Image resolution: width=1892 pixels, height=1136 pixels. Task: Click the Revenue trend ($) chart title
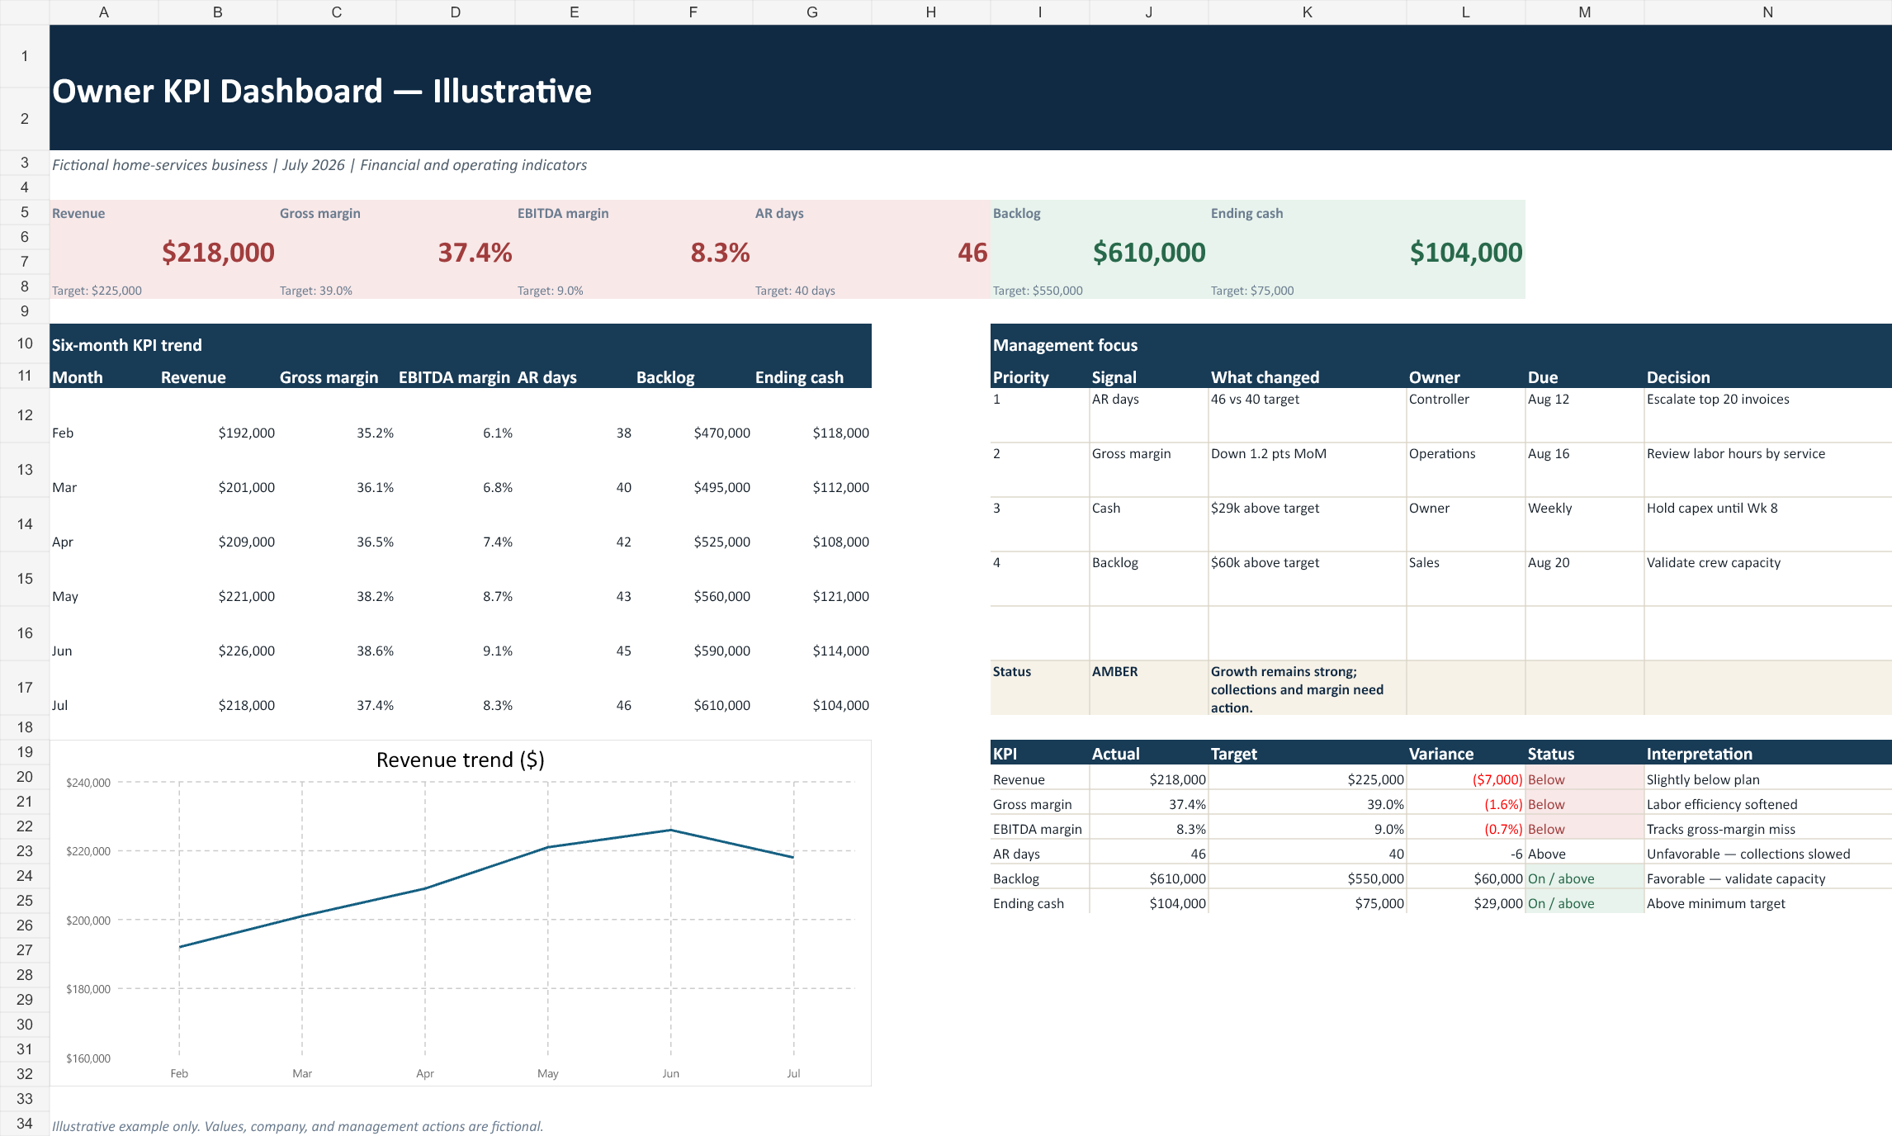click(460, 760)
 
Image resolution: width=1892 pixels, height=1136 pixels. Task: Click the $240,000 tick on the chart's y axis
click(88, 783)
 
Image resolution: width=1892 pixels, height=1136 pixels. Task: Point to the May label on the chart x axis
click(548, 1073)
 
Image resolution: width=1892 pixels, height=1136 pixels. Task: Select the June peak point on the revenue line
click(670, 830)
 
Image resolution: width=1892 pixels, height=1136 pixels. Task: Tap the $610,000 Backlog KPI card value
click(1149, 253)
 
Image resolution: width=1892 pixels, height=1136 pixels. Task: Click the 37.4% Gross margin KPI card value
click(475, 253)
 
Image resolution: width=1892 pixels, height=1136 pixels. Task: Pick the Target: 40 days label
click(795, 291)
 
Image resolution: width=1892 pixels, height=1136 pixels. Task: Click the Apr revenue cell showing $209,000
click(246, 542)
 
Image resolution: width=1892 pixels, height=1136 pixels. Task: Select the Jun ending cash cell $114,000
click(840, 651)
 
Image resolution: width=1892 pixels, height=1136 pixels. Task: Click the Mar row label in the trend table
click(64, 487)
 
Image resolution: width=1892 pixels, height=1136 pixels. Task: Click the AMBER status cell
click(1114, 671)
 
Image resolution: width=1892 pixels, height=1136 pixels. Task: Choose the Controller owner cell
click(1439, 399)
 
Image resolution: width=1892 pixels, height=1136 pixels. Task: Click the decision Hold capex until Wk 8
click(1712, 508)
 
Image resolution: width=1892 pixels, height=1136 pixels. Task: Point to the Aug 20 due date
click(1549, 562)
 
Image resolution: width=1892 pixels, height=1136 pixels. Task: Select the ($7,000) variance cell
click(1497, 779)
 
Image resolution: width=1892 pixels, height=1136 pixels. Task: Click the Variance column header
click(1441, 754)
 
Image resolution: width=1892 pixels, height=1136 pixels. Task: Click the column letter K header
click(1308, 12)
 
